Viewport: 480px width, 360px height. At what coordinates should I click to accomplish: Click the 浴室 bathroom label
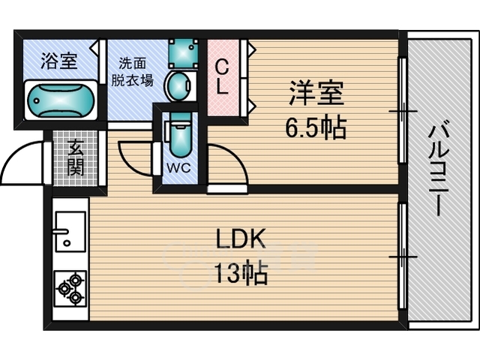coord(59,61)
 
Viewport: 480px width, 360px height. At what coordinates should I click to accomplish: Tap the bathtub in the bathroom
coord(61,100)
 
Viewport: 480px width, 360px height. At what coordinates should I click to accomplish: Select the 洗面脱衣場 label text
coord(132,72)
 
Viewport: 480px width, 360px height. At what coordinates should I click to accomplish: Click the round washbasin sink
coord(179,86)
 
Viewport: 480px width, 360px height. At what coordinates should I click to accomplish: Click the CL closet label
coord(222,76)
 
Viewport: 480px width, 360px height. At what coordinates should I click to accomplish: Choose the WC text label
coord(178,167)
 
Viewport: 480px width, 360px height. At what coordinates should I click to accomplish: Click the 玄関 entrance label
coord(75,158)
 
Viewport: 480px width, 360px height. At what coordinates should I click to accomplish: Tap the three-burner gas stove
coord(70,288)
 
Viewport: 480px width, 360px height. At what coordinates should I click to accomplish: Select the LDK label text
coord(240,239)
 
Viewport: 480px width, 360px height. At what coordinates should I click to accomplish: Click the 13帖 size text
coord(241,273)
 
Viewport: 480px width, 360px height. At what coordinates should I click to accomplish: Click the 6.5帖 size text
coord(316,127)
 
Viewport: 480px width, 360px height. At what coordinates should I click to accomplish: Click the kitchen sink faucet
coord(61,232)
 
